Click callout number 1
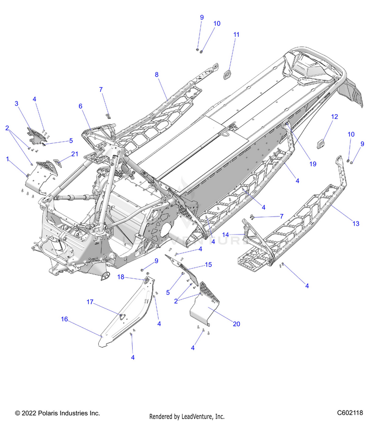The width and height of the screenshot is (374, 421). pos(8,159)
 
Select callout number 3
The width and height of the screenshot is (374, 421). pos(16,103)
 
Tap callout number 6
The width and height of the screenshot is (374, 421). pos(80,106)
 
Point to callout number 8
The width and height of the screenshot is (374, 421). pos(157,74)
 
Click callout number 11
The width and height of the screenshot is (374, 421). pos(236,34)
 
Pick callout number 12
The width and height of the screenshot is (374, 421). pos(335,116)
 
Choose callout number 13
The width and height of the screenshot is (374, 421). pos(356,224)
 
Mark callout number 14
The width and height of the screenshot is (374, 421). pos(226,234)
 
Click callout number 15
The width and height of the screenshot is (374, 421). pos(208,264)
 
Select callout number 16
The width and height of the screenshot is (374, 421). pos(64,319)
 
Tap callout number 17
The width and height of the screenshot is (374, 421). pos(90,302)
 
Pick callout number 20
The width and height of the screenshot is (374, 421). pos(236,324)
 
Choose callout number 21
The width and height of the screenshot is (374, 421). pos(74,154)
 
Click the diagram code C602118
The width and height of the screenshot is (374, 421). pos(349,413)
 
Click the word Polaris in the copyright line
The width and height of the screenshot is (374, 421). pos(48,413)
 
